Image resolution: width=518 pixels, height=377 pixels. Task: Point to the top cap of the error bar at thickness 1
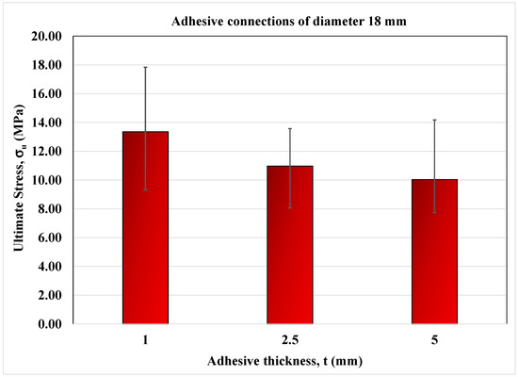[145, 67]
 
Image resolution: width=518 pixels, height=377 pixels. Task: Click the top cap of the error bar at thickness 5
[434, 120]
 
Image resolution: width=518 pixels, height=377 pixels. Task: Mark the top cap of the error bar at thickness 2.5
[290, 128]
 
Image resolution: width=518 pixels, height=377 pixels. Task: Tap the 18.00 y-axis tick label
[47, 65]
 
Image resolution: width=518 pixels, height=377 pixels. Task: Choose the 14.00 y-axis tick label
[47, 123]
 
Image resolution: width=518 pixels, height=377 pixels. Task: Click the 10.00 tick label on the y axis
[47, 180]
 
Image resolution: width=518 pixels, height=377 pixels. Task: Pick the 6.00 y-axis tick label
[50, 238]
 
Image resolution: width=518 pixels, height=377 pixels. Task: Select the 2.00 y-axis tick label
[50, 295]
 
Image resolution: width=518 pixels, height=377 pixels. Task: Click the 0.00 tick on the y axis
[50, 324]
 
